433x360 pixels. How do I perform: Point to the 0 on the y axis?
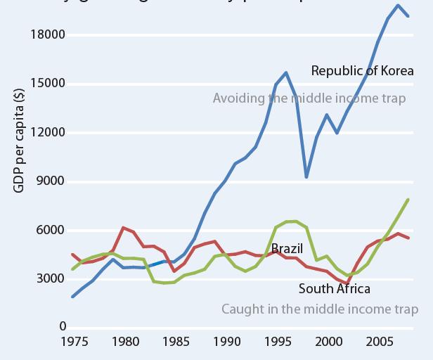[x=62, y=327]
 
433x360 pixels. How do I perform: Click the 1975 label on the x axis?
[x=74, y=342]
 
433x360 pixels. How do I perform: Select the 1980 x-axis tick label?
[x=124, y=342]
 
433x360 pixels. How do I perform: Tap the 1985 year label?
[x=175, y=342]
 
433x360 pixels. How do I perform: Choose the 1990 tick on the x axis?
[x=226, y=342]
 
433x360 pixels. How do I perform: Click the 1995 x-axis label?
[x=277, y=342]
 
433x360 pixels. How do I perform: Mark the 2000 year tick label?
[x=328, y=342]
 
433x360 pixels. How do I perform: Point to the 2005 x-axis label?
[x=378, y=342]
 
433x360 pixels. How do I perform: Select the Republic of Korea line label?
[x=362, y=71]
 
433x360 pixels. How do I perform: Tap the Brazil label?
[x=287, y=249]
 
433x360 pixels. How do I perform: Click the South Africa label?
[x=334, y=288]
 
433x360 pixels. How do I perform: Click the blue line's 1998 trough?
[x=306, y=176]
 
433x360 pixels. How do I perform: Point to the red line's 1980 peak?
[x=124, y=228]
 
